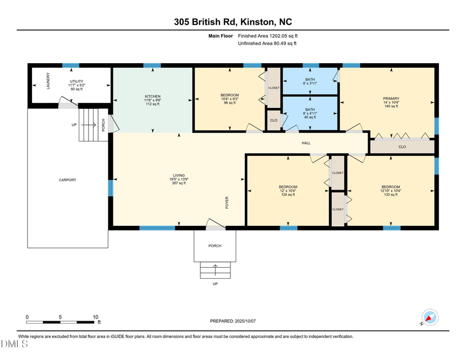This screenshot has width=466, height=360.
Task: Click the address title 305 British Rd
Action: pos(232,22)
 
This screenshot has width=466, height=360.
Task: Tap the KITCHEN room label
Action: pos(152,96)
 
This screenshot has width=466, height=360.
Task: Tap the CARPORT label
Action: pos(67,180)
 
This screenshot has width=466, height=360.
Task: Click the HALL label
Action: pos(306,143)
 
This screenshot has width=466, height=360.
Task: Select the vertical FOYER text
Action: pos(227,202)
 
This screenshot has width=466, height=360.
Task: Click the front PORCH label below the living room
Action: pos(215,246)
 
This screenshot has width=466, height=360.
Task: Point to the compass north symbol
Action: pos(429,318)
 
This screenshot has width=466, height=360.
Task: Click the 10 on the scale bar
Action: pos(95,317)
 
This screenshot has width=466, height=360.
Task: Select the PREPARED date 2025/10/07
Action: pos(233,321)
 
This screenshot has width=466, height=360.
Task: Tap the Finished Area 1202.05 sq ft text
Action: pos(268,36)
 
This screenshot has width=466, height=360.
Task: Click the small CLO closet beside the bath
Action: pos(273,120)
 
